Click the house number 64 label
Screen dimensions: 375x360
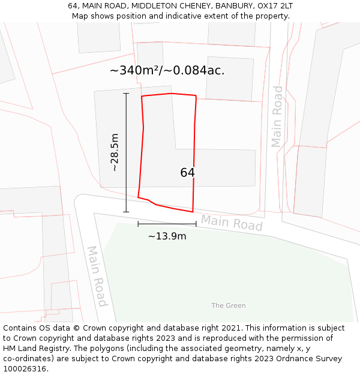click(x=187, y=173)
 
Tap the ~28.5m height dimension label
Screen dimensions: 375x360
click(x=114, y=152)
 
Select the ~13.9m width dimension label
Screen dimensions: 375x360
click(x=167, y=236)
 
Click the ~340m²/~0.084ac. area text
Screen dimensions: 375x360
click(x=167, y=70)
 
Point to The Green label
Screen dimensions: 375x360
click(x=228, y=305)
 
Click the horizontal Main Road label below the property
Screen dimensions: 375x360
click(x=232, y=223)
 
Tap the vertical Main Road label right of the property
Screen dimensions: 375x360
click(x=277, y=116)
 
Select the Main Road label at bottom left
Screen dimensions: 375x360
click(x=97, y=276)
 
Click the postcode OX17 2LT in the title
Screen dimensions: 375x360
click(x=273, y=6)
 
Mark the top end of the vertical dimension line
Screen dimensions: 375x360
click(x=126, y=94)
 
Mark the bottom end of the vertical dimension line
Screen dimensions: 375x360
click(x=126, y=212)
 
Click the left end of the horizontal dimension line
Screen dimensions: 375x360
click(x=138, y=224)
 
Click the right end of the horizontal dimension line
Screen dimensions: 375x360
click(x=196, y=224)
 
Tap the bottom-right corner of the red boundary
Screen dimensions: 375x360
click(x=193, y=212)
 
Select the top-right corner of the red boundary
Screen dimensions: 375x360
click(x=196, y=95)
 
